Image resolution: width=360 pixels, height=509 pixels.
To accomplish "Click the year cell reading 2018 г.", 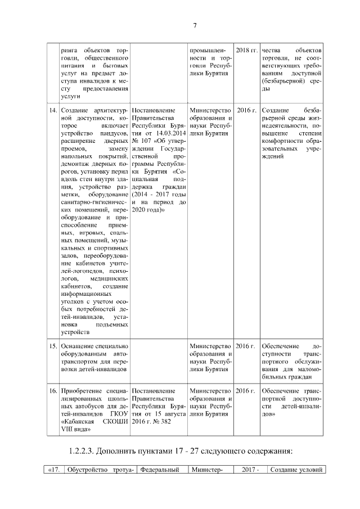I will tap(246, 51).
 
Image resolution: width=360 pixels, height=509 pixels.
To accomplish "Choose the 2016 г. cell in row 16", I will tap(246, 390).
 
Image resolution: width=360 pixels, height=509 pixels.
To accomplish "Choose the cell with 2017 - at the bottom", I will tap(250, 470).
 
